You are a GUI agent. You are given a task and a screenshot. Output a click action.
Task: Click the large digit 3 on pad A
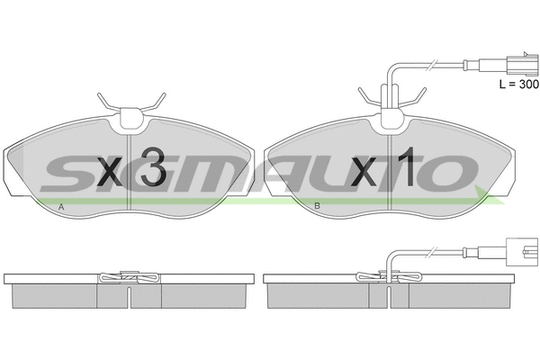point(154,166)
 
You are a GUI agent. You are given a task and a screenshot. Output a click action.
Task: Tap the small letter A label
point(61,207)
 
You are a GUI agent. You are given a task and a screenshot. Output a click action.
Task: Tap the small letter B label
point(317,206)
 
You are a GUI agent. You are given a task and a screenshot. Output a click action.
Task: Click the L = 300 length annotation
point(519,84)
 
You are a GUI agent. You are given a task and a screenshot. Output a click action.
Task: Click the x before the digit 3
point(110,172)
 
